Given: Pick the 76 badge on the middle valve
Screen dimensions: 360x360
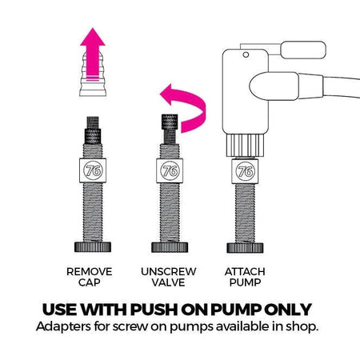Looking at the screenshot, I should (x=167, y=170).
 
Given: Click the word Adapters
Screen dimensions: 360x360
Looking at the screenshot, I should (x=63, y=327).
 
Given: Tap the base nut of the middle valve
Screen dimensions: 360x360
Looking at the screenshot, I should (x=167, y=244).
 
